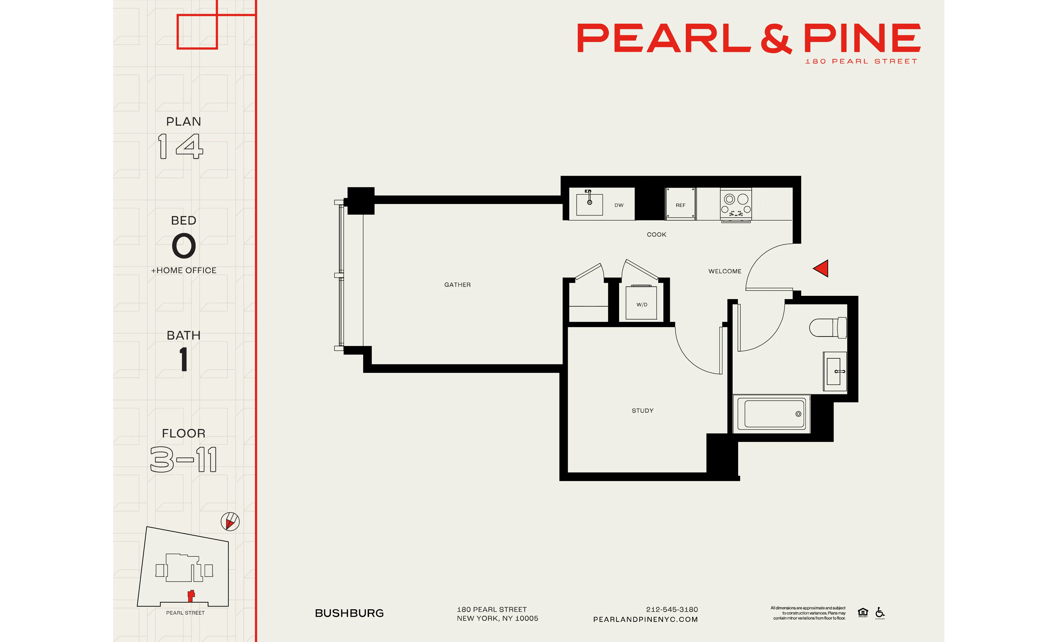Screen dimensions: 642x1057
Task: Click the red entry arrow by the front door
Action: pos(821,269)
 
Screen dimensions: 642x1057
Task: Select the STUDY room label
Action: pos(643,411)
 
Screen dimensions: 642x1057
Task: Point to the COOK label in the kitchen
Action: pos(656,235)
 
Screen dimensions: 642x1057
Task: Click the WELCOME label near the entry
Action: pos(725,271)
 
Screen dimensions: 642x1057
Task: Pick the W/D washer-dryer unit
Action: pos(641,303)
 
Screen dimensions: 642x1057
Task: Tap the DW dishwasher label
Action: pos(619,205)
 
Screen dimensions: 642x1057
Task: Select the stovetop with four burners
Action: pos(736,204)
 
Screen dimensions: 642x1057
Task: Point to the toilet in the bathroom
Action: pos(828,328)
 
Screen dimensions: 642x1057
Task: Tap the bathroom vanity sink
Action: pos(834,371)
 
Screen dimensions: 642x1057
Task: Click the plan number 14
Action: pos(181,146)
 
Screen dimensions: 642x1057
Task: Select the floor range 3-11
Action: pos(184,459)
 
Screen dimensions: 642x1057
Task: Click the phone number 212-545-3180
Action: pos(672,609)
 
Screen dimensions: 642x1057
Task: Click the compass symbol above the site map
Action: pos(230,521)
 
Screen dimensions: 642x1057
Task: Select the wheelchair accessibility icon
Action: pos(880,612)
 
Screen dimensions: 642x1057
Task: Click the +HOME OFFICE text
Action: pos(184,270)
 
